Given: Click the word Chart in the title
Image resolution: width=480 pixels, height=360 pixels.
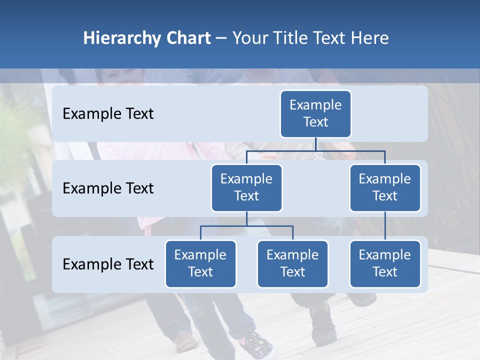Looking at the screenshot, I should [187, 38].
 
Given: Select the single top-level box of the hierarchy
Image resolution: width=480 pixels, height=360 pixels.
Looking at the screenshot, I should [315, 114].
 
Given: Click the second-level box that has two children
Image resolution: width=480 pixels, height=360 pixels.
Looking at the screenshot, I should [246, 188].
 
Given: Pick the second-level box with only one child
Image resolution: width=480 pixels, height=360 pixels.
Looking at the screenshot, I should [385, 188].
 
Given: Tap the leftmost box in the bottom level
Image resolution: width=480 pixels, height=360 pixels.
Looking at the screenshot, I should [200, 264].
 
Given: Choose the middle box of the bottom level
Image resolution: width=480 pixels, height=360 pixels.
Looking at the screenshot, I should [292, 264].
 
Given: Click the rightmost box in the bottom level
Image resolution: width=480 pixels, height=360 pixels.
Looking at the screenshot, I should [385, 264].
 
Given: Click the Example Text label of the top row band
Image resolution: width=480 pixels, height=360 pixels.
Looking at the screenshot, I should [108, 114].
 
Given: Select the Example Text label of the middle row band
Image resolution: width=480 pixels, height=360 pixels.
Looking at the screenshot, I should [108, 188].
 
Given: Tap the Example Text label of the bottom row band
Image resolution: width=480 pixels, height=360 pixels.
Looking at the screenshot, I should [108, 264].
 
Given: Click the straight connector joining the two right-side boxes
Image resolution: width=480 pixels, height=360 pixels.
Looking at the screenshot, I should [385, 226].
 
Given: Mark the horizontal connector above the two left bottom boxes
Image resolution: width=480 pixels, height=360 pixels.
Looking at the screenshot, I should [246, 226].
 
